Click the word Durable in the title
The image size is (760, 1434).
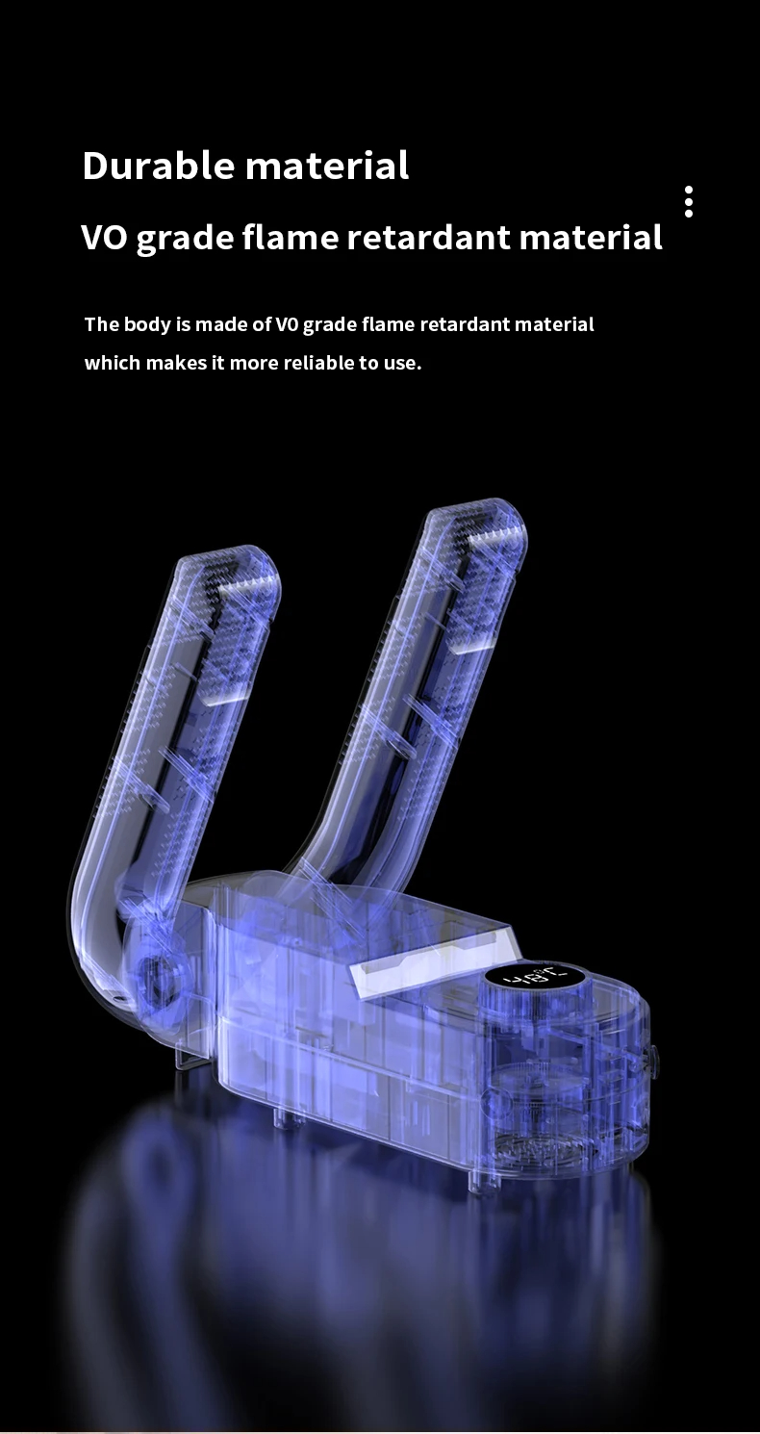point(159,165)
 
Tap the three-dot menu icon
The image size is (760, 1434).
point(689,202)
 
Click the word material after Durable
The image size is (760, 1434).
point(327,165)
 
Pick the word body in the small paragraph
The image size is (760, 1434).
point(147,324)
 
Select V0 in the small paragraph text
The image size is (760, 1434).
point(289,324)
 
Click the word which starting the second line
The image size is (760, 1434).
point(113,363)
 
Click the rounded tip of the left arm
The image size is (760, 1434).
point(247,568)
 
